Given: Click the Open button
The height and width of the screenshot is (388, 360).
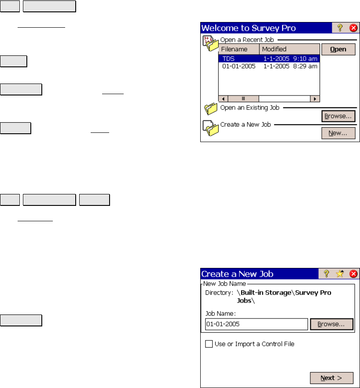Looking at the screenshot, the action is coord(338,49).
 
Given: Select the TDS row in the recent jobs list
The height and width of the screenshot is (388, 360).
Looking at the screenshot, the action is coord(269,59).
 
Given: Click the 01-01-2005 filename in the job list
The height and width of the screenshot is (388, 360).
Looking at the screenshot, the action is coord(239,66).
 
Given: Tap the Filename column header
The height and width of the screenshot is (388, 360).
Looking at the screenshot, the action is coord(239,49).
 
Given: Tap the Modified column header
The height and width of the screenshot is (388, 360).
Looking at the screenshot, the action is coord(290,49).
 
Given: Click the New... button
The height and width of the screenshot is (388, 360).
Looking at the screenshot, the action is coord(338,133).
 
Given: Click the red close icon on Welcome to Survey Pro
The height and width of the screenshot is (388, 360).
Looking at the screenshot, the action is coord(353,28).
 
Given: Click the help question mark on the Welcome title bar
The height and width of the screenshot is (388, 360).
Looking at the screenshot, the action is coord(340,28).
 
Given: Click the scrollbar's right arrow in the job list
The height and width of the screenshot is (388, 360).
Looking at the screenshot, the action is coord(315,99).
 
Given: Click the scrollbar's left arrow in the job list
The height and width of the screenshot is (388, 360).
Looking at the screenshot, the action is coord(223,99).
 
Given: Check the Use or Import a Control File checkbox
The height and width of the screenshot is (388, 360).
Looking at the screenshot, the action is coord(209,344).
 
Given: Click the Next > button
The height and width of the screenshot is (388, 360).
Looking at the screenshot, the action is coord(331,378).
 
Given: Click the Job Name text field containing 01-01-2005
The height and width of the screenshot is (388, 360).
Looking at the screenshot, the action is coord(256,324).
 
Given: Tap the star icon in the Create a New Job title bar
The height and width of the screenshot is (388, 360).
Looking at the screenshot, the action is coord(340,274).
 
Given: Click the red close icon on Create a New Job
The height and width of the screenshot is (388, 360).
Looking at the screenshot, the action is coord(353,274).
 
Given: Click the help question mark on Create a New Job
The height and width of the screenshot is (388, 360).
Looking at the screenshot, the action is coord(326,274).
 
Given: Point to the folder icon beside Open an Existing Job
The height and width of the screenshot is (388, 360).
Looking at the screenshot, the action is coord(211,109).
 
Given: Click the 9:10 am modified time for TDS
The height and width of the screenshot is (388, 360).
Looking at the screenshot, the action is coord(305,59).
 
